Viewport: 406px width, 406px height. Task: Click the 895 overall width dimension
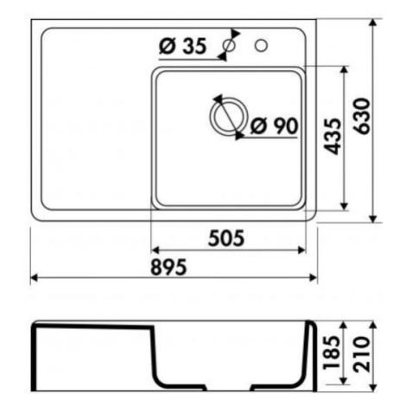pyautogui.click(x=168, y=267)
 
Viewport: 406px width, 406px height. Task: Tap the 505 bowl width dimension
pyautogui.click(x=226, y=238)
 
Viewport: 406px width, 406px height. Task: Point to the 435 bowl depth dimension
pyautogui.click(x=333, y=136)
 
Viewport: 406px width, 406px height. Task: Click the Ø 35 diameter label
pyautogui.click(x=183, y=47)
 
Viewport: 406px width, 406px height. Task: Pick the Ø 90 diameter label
pyautogui.click(x=275, y=126)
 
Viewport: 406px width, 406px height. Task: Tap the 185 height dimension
pyautogui.click(x=332, y=352)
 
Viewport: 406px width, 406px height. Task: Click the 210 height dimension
pyautogui.click(x=362, y=354)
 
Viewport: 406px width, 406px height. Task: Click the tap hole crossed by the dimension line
pyautogui.click(x=230, y=46)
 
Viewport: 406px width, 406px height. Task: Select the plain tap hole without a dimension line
pyautogui.click(x=261, y=46)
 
